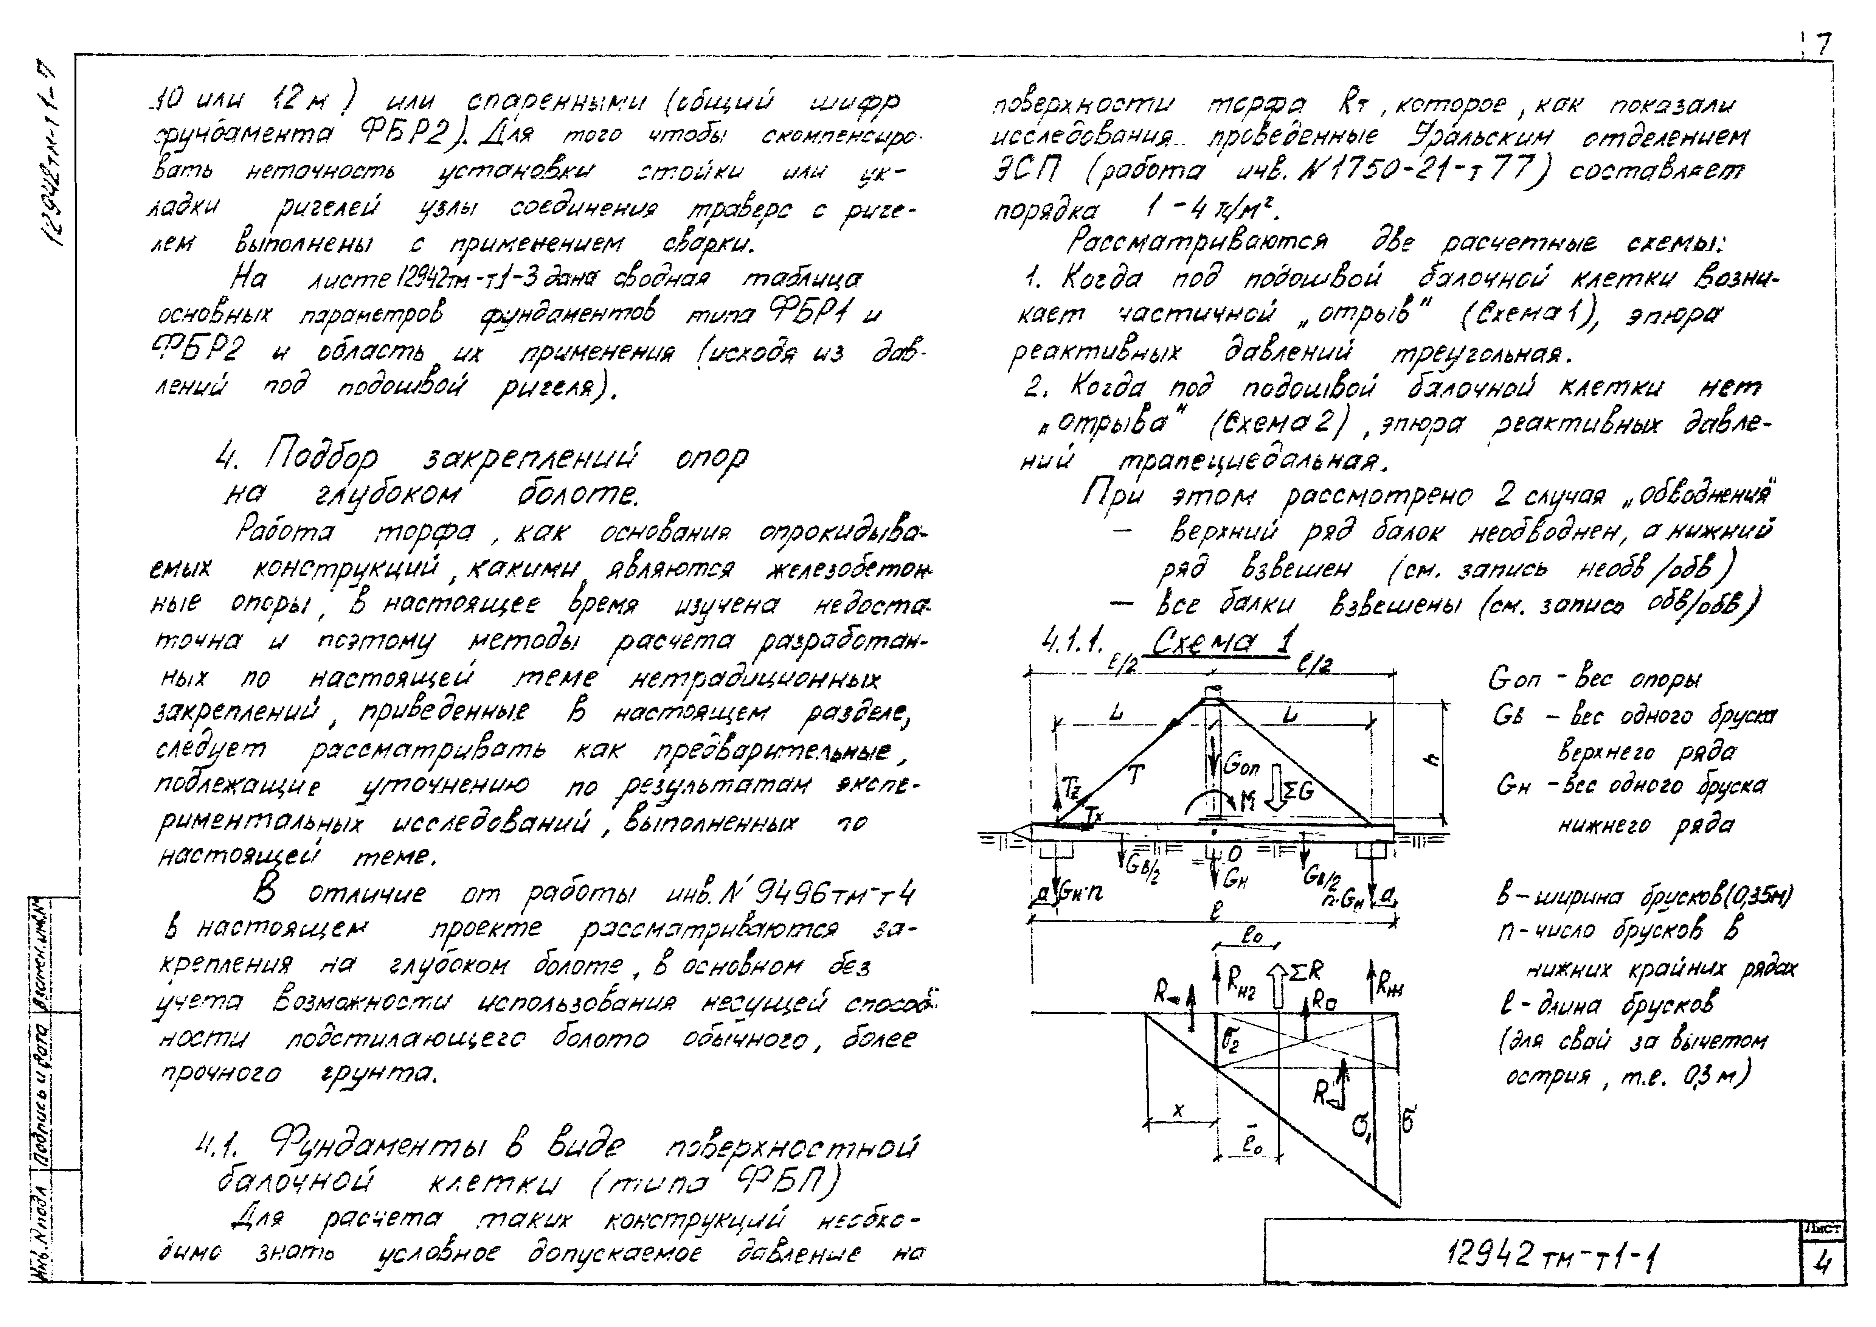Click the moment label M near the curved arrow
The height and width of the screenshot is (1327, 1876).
1248,802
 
